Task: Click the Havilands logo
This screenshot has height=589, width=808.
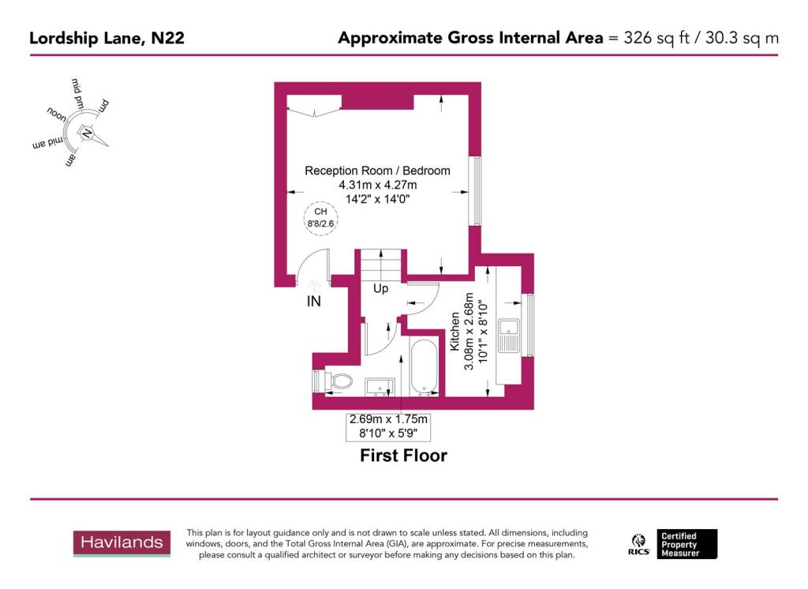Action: coord(122,543)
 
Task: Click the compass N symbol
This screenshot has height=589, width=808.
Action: coord(87,134)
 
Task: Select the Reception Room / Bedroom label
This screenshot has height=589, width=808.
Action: coord(377,171)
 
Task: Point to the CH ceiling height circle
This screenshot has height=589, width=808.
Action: coord(320,217)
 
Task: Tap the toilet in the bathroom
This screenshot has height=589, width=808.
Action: coord(336,381)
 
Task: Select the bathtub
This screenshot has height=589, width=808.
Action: coord(425,366)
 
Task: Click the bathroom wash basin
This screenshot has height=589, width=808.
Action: coord(380,385)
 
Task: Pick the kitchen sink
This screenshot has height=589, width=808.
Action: coord(511,335)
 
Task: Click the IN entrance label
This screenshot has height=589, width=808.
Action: coord(313,301)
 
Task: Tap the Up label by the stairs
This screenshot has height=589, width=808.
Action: coord(380,289)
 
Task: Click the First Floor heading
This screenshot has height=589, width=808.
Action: coord(403,456)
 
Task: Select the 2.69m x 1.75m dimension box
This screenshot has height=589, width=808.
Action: coord(388,426)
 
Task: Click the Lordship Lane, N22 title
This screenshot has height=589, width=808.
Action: coord(107,37)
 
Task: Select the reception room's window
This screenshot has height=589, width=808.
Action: coord(475,190)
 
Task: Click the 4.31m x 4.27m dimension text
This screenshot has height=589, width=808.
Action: coord(377,185)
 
